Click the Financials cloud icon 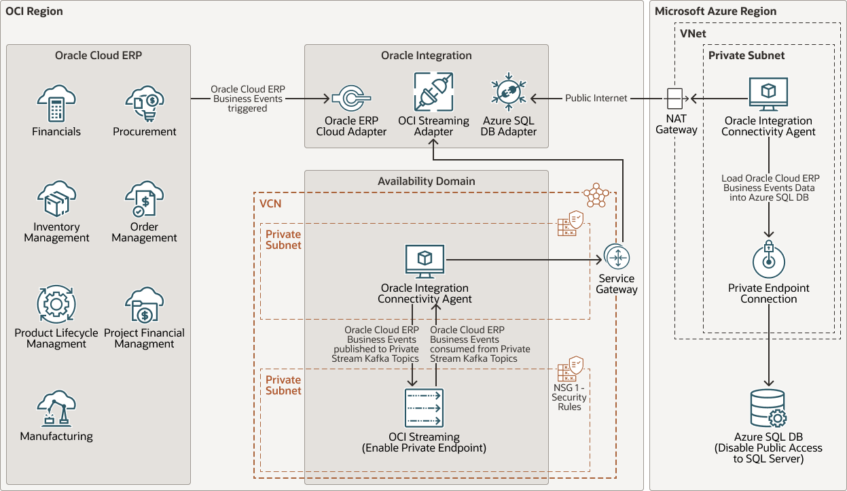tap(56, 104)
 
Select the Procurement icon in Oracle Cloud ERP tap(144, 104)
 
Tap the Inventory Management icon tap(56, 199)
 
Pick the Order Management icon tap(144, 199)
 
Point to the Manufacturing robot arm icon tap(56, 408)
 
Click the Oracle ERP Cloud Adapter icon tap(350, 97)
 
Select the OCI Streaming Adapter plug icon tap(433, 92)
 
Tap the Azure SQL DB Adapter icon tap(508, 96)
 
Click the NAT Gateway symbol tap(676, 99)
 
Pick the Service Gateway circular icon tap(617, 258)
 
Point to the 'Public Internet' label tap(596, 99)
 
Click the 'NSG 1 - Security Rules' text tap(569, 397)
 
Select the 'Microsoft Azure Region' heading tap(715, 12)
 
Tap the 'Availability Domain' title tap(426, 181)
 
